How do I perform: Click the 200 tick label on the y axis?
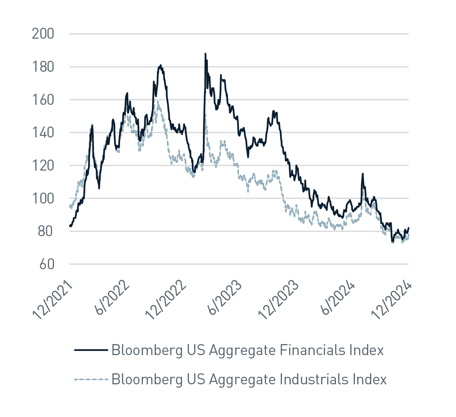[x=43, y=34]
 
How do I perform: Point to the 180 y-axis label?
[x=43, y=67]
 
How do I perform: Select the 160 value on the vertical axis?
[x=43, y=100]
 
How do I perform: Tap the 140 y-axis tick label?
[x=43, y=133]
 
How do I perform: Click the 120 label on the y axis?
[x=43, y=166]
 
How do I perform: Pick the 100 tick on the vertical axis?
[x=43, y=199]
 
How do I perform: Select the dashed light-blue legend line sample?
[x=91, y=379]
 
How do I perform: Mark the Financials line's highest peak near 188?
[x=205, y=54]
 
